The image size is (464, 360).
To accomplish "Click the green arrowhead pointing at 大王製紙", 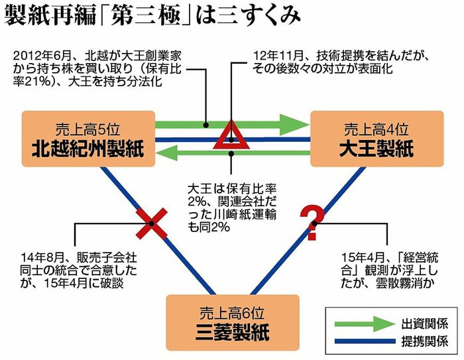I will (292, 124).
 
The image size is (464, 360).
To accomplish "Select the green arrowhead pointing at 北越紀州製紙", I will (166, 153).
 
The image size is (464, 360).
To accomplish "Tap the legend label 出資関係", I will (424, 324).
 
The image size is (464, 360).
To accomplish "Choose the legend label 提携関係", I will (424, 342).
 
